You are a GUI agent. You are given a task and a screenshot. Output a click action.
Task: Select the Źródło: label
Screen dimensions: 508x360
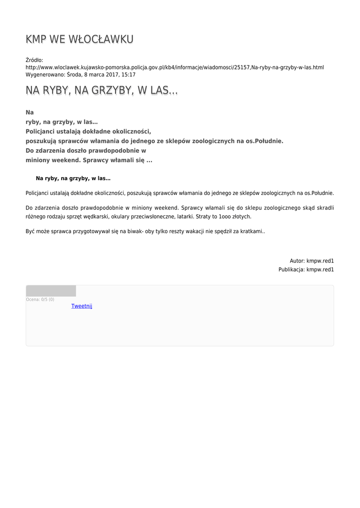(34, 60)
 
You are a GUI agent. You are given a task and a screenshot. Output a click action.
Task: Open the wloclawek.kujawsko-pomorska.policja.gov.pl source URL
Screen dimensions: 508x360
(174, 67)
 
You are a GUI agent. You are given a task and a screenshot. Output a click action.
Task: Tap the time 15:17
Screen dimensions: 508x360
(128, 74)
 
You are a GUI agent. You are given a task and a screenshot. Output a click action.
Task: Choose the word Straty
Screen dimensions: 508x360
(204, 217)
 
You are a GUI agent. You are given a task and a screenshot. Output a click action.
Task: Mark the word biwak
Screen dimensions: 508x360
(135, 232)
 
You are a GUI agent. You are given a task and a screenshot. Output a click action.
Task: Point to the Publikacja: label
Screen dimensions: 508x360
(291, 269)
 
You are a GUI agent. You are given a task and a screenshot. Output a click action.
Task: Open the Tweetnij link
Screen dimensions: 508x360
(81, 306)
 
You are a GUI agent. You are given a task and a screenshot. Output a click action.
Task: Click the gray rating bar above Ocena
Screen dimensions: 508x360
(51, 291)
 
